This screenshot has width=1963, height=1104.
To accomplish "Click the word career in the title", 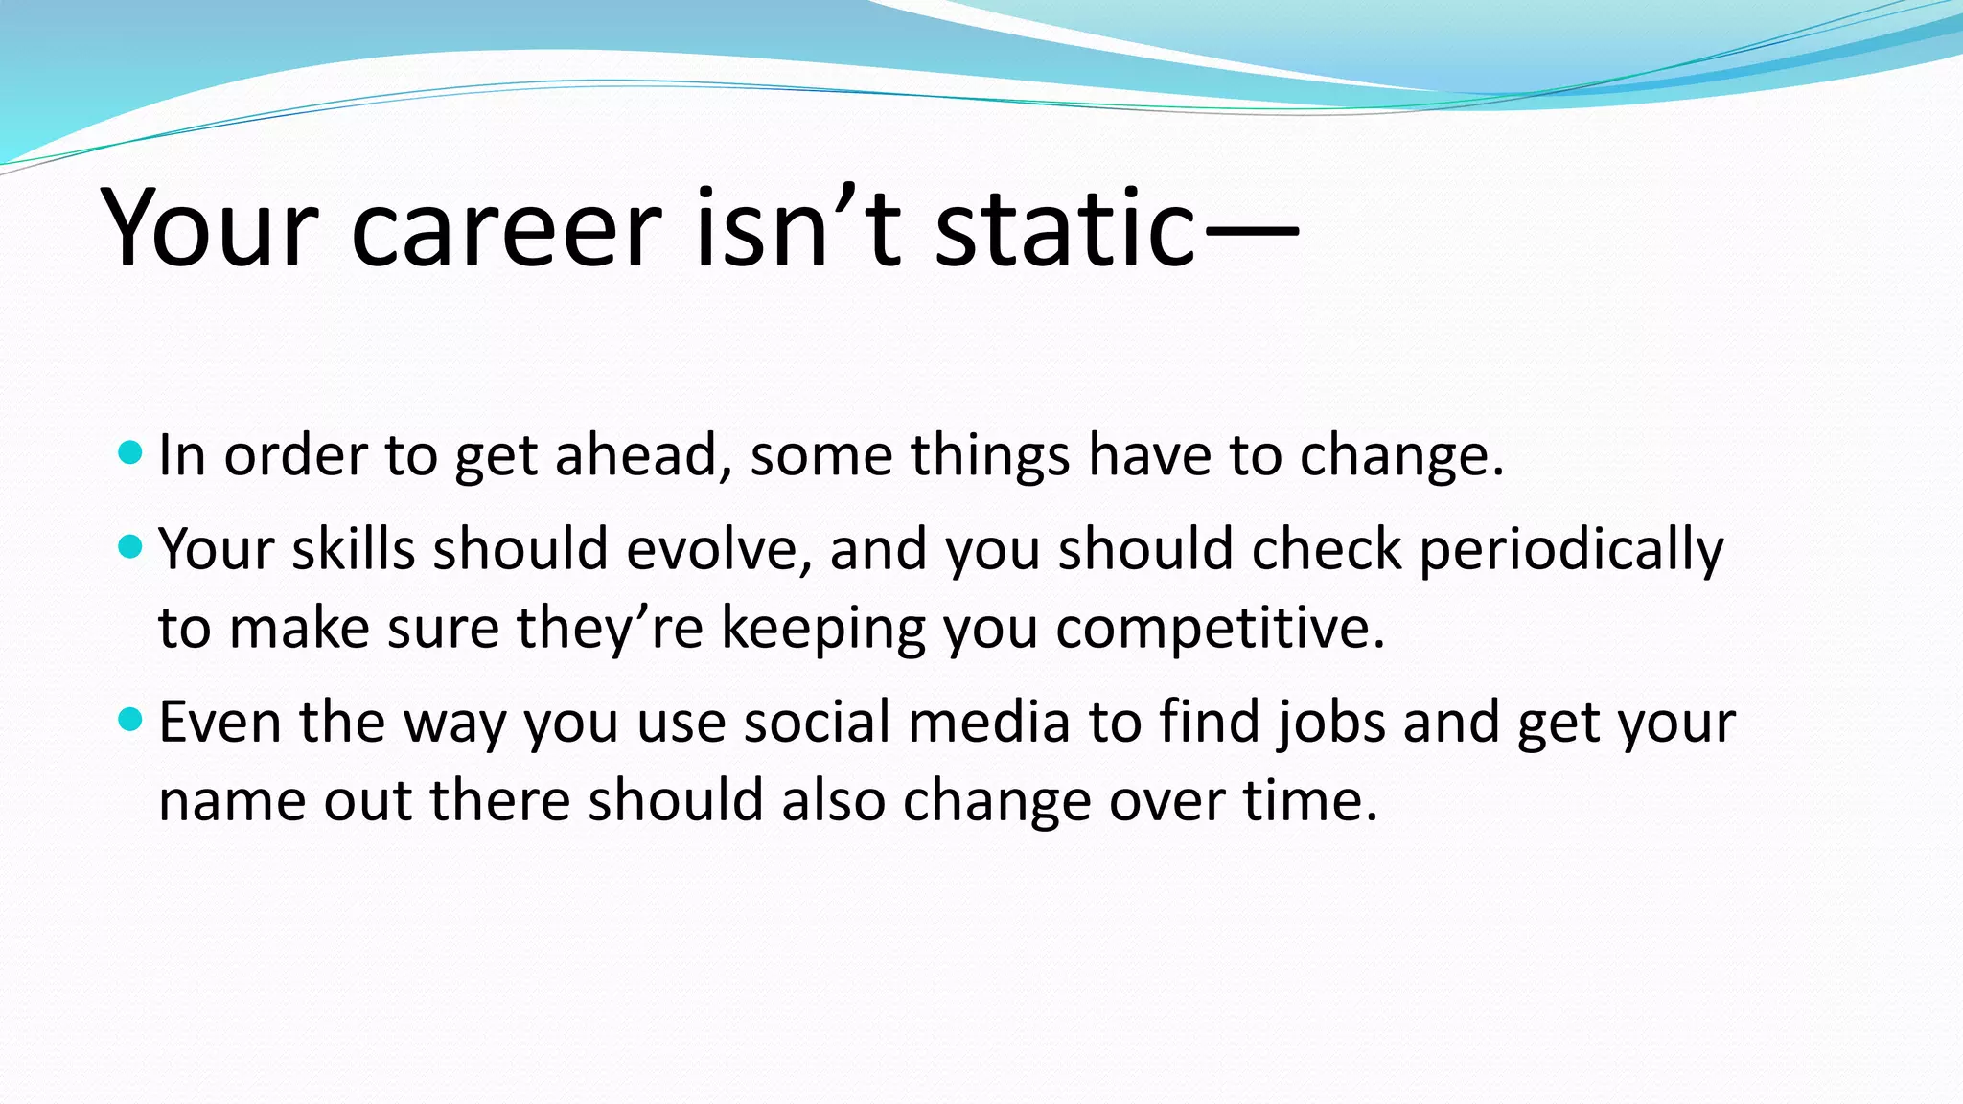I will [x=506, y=230].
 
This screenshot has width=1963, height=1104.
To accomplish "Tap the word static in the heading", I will [x=1064, y=230].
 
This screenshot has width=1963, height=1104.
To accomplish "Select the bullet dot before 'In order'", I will [x=130, y=451].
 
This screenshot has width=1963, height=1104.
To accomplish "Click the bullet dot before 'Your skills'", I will [x=130, y=547].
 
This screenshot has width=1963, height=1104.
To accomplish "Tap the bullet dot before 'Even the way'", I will [x=130, y=719].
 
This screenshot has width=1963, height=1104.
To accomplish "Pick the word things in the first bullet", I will [x=989, y=454].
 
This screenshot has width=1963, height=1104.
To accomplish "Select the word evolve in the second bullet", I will [x=719, y=549].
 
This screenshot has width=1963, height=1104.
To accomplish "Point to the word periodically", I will [x=1570, y=551].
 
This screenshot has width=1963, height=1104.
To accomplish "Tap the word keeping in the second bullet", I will [x=822, y=629].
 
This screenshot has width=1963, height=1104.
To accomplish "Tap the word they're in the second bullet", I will [x=610, y=629].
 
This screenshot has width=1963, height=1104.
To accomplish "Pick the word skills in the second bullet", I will [x=353, y=549].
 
